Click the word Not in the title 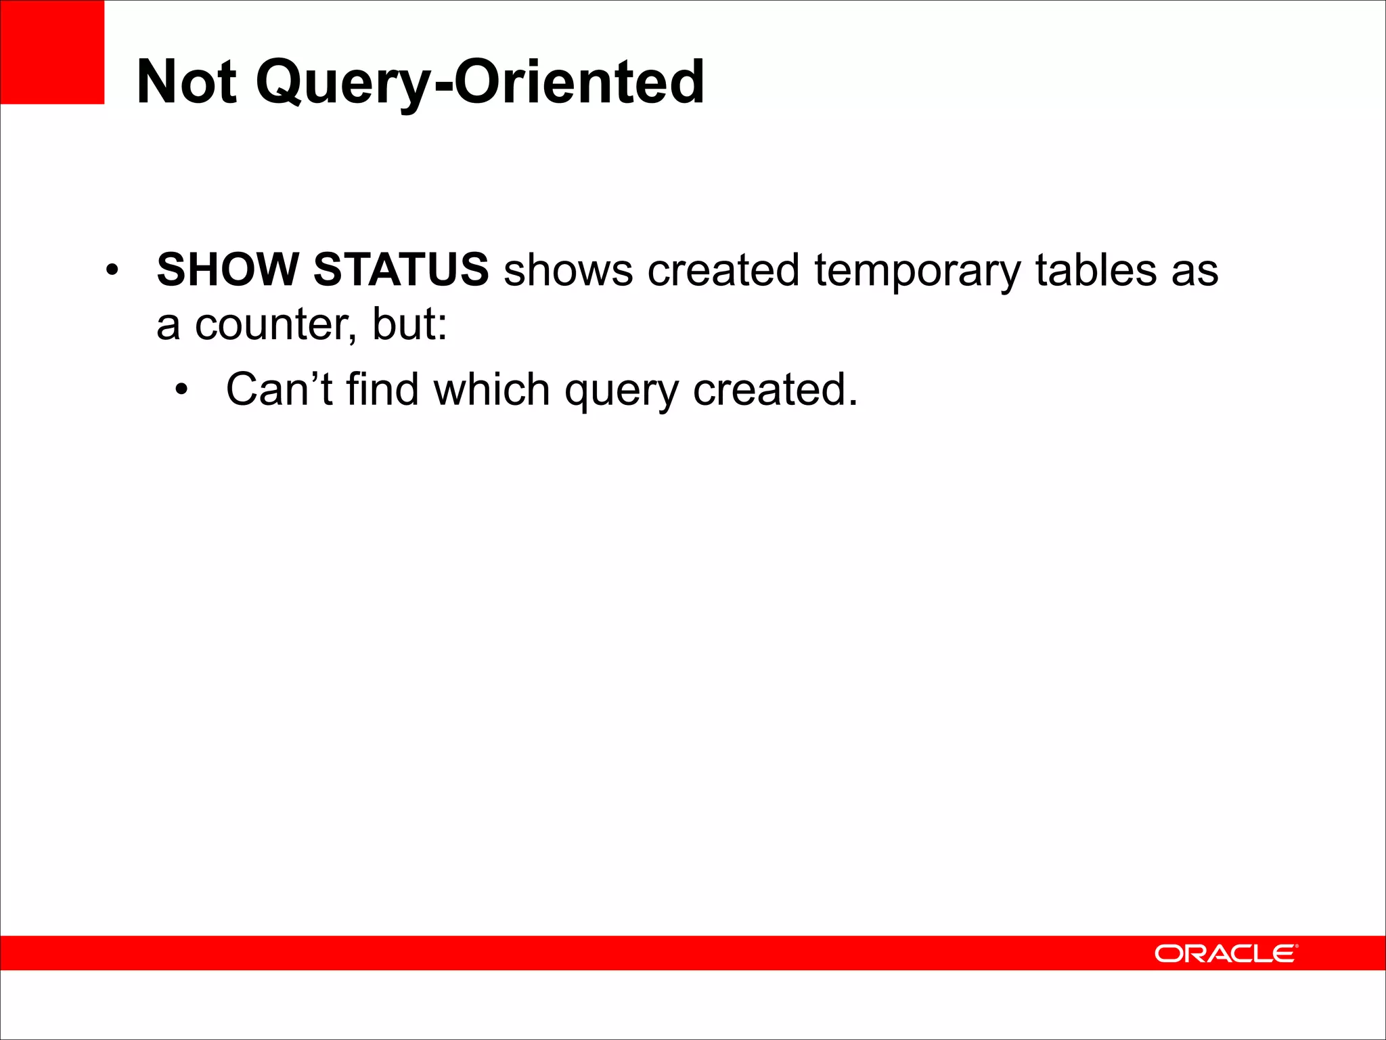pyautogui.click(x=186, y=82)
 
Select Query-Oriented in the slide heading pyautogui.click(x=480, y=82)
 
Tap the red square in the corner pyautogui.click(x=52, y=52)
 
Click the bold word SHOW pyautogui.click(x=228, y=269)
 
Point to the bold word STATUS pyautogui.click(x=401, y=269)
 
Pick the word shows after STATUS pyautogui.click(x=568, y=270)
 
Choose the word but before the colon pyautogui.click(x=405, y=324)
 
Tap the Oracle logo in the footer pyautogui.click(x=1226, y=953)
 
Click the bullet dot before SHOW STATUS pyautogui.click(x=112, y=271)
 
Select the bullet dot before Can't pyautogui.click(x=181, y=391)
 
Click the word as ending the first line pyautogui.click(x=1195, y=272)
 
